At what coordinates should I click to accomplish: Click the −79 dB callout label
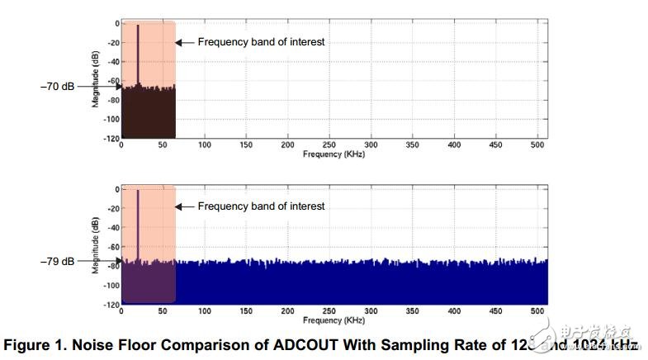(x=57, y=261)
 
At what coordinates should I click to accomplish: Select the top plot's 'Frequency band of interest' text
(x=261, y=41)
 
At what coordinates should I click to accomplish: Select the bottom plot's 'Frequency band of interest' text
(x=261, y=206)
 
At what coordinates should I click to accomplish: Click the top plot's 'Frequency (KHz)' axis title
(x=333, y=154)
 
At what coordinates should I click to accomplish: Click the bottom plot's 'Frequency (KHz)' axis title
(x=333, y=320)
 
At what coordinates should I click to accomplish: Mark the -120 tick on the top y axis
(x=111, y=138)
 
